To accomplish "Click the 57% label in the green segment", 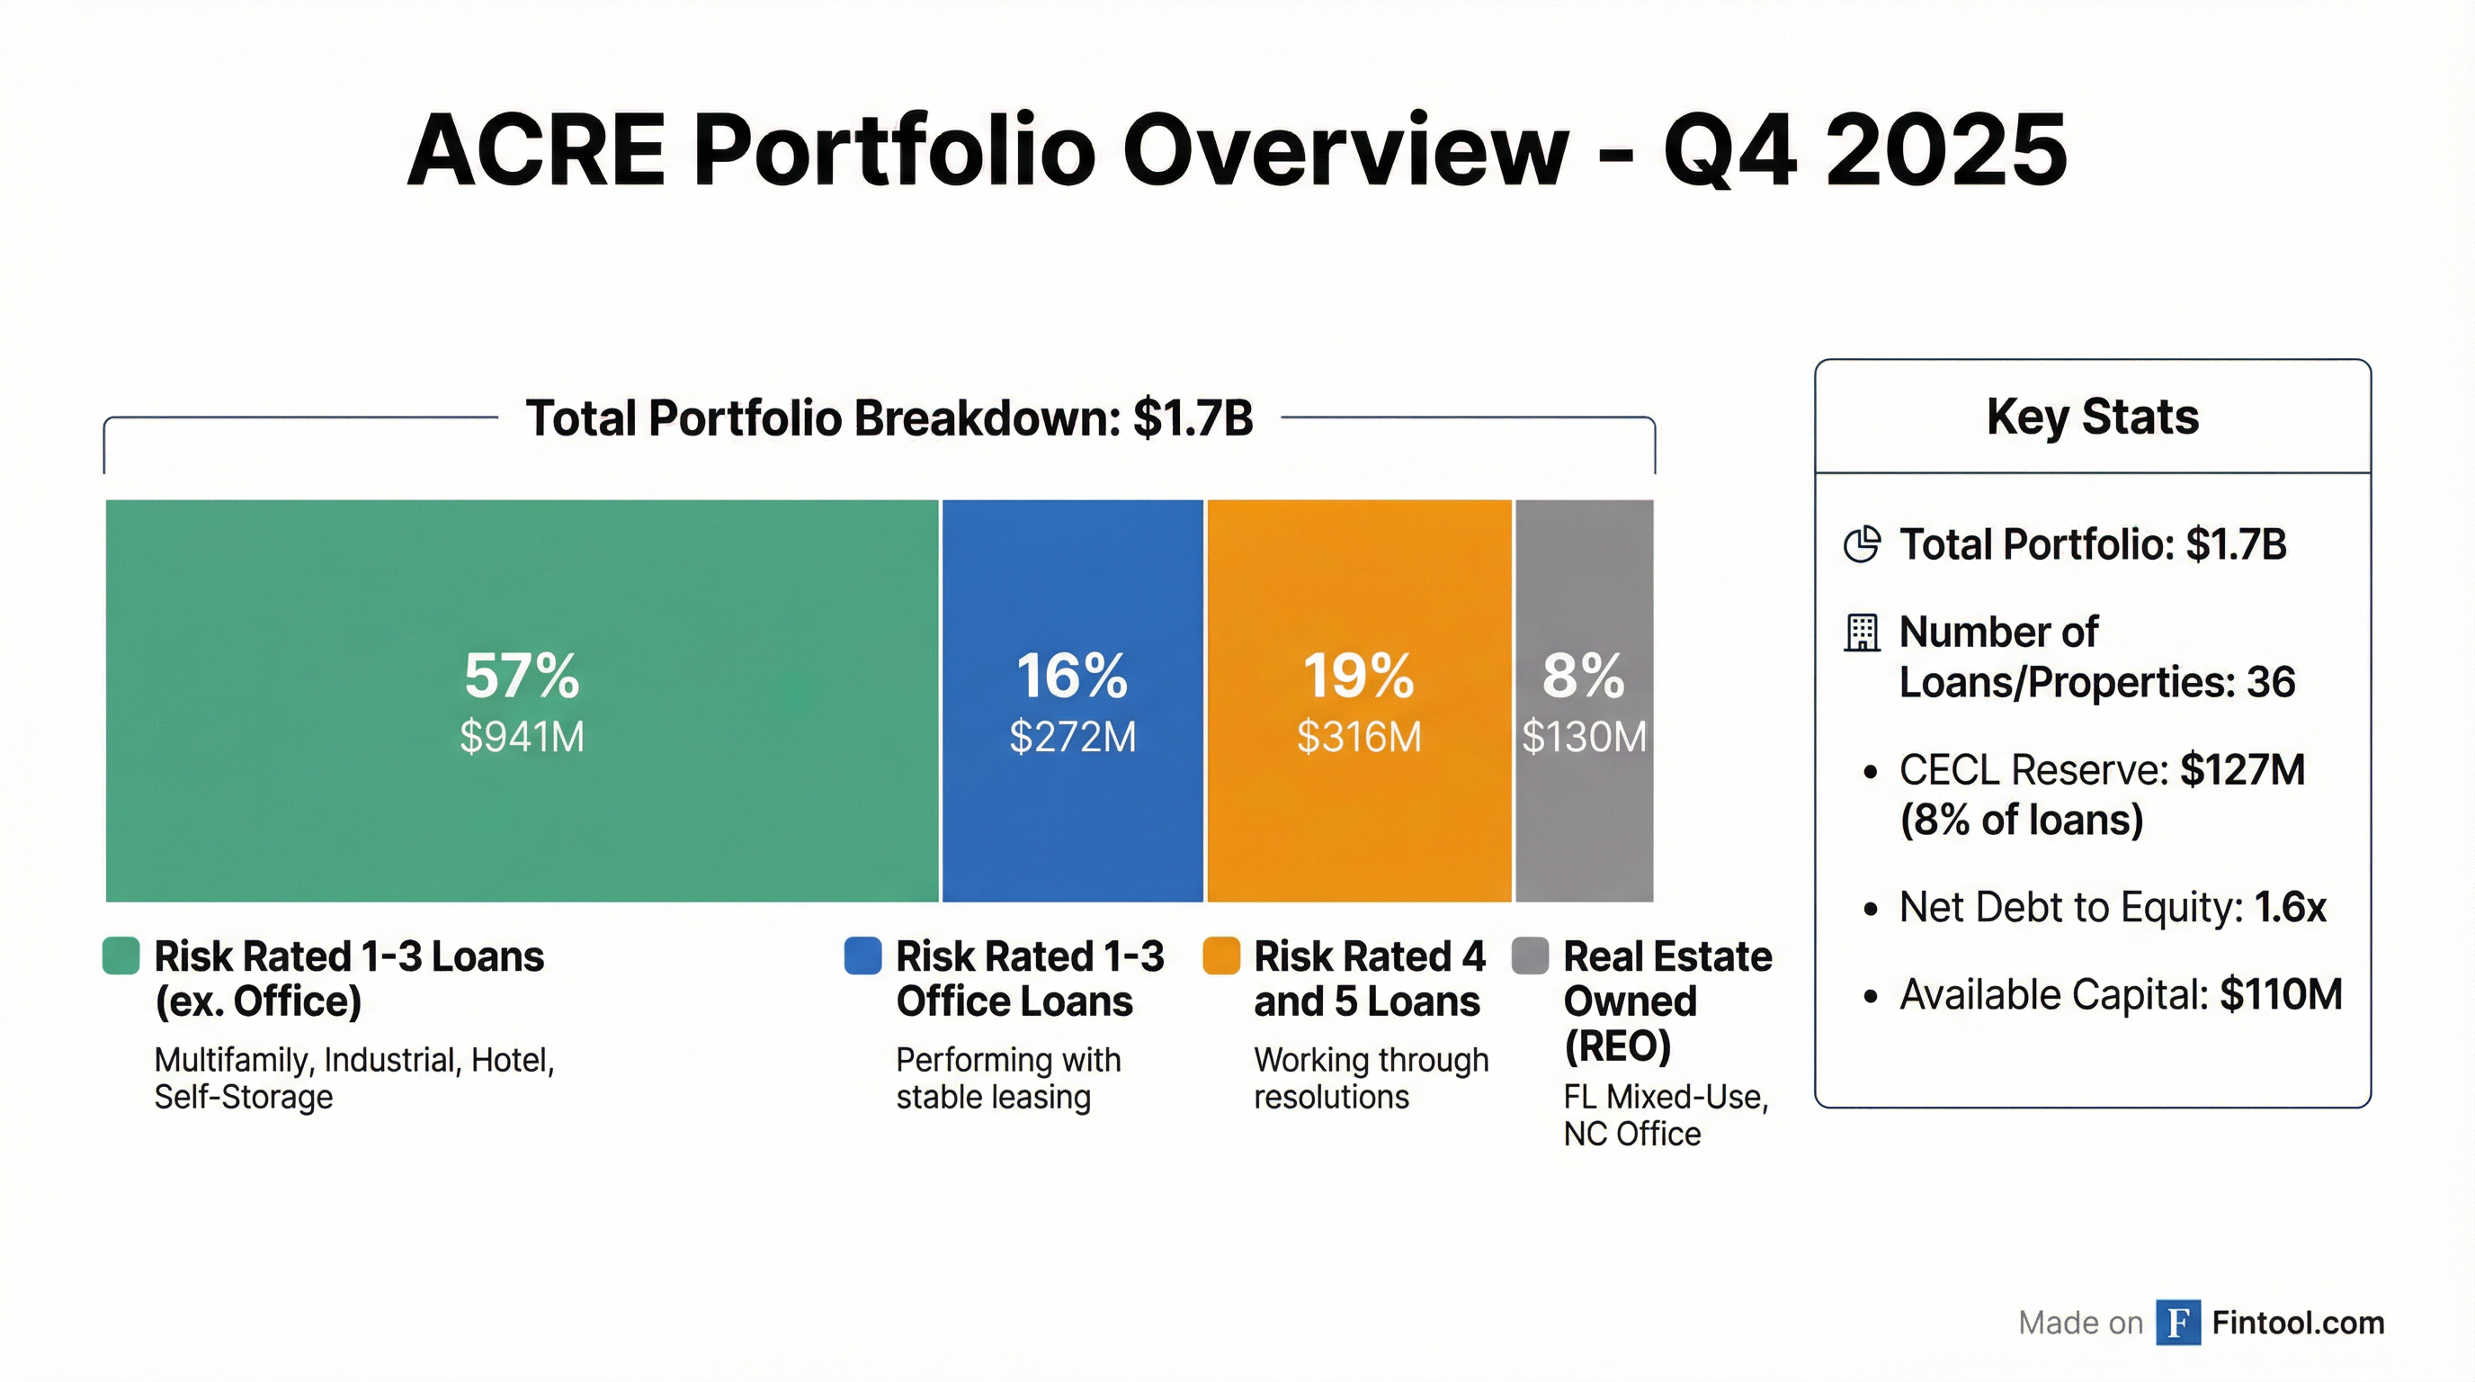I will (x=522, y=676).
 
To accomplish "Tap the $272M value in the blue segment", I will (x=1072, y=737).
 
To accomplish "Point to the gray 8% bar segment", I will (x=1584, y=827).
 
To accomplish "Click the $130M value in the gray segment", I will (x=1585, y=737).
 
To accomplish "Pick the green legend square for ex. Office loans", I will (x=121, y=956).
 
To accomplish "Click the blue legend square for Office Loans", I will (x=862, y=956).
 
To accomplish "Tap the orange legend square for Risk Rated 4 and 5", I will (x=1221, y=956).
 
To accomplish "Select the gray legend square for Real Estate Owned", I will (x=1530, y=956).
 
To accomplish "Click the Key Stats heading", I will (x=2093, y=417).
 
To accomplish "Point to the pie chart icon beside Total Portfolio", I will (x=1862, y=545).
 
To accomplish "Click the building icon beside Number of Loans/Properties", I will (x=1862, y=633).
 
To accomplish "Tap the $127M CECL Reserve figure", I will (x=2242, y=770).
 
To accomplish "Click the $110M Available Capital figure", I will (x=2281, y=995).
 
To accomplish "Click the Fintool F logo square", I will (x=2178, y=1323).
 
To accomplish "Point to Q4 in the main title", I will (x=1729, y=151).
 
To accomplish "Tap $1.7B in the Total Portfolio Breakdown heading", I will (x=1193, y=418).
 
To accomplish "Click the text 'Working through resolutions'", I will (x=1371, y=1078).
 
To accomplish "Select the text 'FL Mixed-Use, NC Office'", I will (x=1665, y=1115).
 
